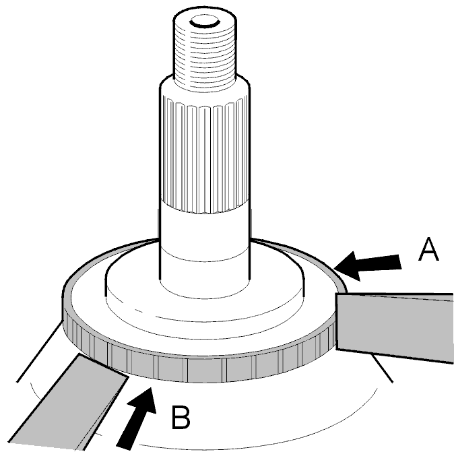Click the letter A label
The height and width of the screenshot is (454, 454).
tap(429, 250)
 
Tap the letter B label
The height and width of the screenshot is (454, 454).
tap(181, 417)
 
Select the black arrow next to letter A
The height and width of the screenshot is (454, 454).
tap(368, 266)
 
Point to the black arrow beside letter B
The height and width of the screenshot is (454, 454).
tap(136, 418)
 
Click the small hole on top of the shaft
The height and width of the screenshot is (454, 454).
tap(205, 22)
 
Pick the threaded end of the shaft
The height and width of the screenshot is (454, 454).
tap(205, 49)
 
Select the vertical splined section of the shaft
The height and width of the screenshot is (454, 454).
tap(204, 154)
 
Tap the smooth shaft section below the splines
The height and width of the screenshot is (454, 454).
tap(204, 249)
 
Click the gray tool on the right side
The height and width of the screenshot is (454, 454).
tap(394, 327)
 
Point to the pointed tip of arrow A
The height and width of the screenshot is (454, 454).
tap(334, 269)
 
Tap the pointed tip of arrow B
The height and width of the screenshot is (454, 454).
tap(151, 387)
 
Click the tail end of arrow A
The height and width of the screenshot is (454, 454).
tap(400, 262)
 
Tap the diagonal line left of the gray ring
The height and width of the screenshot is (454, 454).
tap(40, 352)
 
